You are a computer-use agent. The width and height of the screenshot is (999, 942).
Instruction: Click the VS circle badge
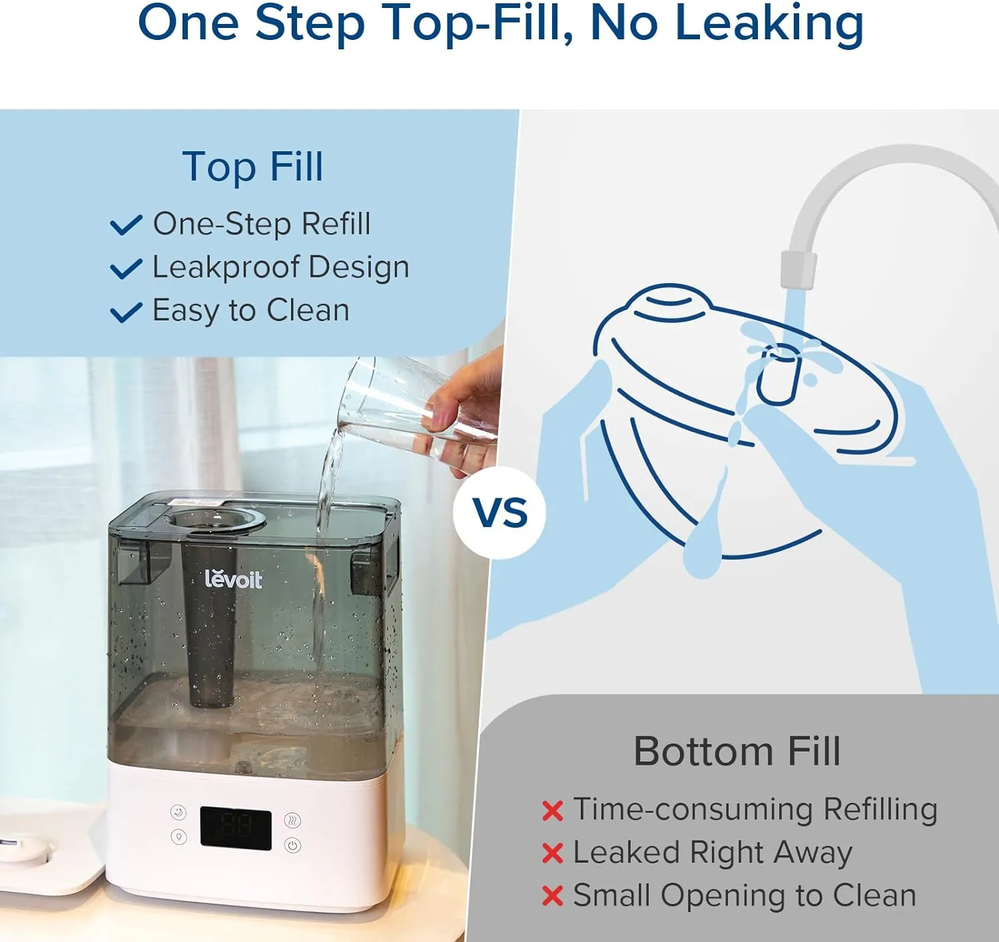pyautogui.click(x=499, y=512)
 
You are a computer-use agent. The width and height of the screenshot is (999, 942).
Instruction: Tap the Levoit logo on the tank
pyautogui.click(x=233, y=579)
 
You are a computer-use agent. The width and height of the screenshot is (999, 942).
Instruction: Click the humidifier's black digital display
pyautogui.click(x=236, y=828)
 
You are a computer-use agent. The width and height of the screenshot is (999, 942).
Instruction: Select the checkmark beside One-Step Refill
pyautogui.click(x=126, y=225)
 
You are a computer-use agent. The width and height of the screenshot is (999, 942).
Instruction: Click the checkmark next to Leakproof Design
pyautogui.click(x=126, y=268)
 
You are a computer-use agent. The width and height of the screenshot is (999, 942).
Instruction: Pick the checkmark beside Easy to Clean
pyautogui.click(x=126, y=311)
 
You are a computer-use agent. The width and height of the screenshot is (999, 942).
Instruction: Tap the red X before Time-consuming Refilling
pyautogui.click(x=552, y=811)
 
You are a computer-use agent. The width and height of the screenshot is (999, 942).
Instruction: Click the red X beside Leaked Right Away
pyautogui.click(x=552, y=853)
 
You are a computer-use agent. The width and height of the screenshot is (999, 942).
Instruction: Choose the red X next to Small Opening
pyautogui.click(x=552, y=896)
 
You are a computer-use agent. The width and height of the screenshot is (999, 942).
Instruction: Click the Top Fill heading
pyautogui.click(x=252, y=167)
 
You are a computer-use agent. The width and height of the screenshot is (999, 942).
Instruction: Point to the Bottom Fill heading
pyautogui.click(x=737, y=751)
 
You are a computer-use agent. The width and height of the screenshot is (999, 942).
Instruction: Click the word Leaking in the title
pyautogui.click(x=769, y=23)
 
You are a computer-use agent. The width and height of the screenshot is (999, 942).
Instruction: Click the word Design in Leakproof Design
pyautogui.click(x=359, y=267)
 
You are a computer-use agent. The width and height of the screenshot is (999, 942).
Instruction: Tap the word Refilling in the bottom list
pyautogui.click(x=880, y=809)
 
